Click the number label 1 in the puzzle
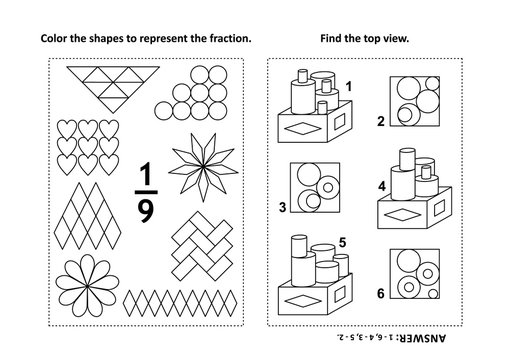pos(349,88)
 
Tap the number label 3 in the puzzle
pos(286,207)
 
